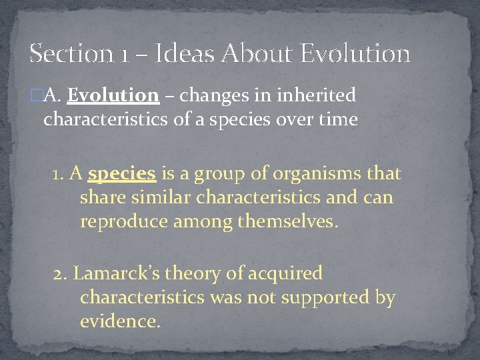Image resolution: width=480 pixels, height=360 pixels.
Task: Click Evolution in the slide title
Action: click(x=355, y=53)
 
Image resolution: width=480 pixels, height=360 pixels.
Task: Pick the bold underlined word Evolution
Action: click(x=113, y=95)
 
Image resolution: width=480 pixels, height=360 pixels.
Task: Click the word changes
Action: click(x=212, y=96)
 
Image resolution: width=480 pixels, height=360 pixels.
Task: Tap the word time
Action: click(x=337, y=119)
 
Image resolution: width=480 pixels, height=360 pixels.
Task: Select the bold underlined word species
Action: click(x=122, y=175)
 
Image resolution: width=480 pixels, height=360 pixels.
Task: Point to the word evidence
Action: click(x=119, y=321)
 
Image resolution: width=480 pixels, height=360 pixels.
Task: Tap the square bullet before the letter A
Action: click(x=35, y=95)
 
